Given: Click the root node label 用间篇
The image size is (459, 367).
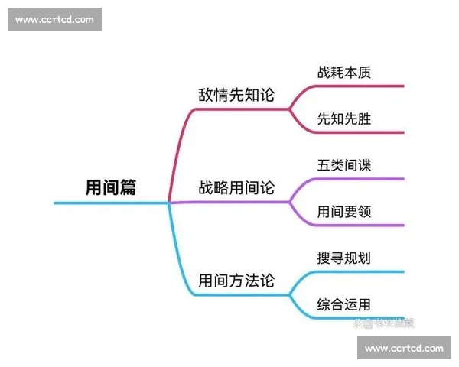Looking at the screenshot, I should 110,187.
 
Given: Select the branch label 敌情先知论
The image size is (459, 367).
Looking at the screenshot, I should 236,95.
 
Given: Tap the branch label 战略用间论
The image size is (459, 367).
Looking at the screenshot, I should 236,188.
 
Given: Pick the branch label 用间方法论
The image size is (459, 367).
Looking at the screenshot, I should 236,280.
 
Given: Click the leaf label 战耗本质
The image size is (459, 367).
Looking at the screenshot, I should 344,73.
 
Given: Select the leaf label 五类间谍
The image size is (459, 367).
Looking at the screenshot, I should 344,165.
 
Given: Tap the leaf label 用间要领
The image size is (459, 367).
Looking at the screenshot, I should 344,211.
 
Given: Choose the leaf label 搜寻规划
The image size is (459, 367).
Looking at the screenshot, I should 344,258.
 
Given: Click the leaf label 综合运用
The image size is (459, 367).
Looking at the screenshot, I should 344,304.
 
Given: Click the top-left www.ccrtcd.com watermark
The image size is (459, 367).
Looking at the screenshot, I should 54,19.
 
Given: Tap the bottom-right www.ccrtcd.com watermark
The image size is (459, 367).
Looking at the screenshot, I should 404,349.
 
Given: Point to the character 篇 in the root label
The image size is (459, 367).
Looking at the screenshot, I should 127,187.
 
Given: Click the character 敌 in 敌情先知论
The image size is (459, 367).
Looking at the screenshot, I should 205,95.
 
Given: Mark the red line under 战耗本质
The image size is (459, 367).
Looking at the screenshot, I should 360,86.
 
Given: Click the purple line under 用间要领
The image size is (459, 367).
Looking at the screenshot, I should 360,226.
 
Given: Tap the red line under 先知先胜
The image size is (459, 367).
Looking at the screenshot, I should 360,132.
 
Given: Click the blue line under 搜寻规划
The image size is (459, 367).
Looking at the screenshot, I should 360,271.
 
